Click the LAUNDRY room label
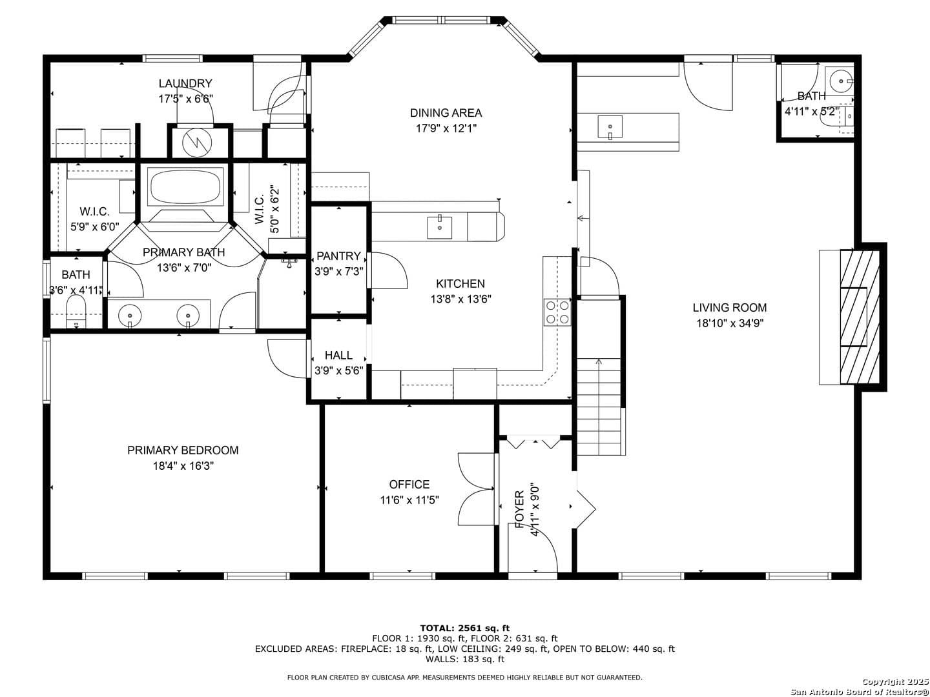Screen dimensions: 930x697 pos(185,83)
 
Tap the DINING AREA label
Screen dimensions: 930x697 pos(446,113)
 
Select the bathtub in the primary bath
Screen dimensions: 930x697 pos(185,187)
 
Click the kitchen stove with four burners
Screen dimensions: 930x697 pos(557,312)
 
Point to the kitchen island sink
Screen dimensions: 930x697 pos(439,227)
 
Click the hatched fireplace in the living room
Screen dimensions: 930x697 pos(860,317)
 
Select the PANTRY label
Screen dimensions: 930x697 pos(338,256)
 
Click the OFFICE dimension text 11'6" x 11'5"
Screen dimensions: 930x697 pos(409,500)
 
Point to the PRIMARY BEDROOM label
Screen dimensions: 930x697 pos(183,450)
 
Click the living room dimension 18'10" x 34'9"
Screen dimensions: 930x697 pos(730,323)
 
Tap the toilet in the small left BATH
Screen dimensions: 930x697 pos(76,312)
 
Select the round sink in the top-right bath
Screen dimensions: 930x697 pos(841,81)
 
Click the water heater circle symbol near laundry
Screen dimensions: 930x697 pos(197,143)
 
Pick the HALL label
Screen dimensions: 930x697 pos(338,355)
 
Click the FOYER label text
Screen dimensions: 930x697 pos(520,509)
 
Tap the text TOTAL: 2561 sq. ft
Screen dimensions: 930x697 pos(465,628)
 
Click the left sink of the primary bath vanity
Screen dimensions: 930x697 pos(130,315)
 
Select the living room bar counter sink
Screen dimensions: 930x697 pos(610,127)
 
